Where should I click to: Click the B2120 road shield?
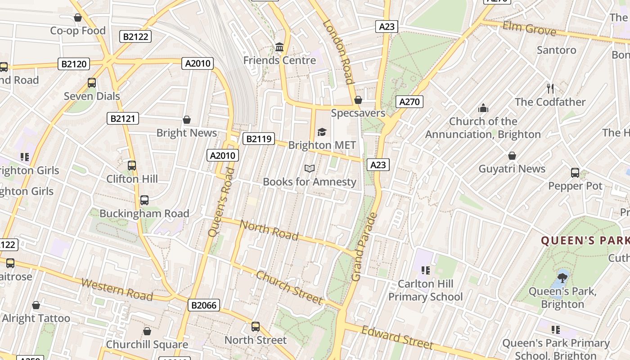(74, 64)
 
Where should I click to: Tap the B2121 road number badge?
(123, 118)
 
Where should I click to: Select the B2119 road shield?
(259, 139)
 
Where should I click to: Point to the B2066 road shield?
(204, 306)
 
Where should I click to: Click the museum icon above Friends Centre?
(279, 47)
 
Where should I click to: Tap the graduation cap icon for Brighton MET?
(322, 132)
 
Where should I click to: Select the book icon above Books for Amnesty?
(309, 169)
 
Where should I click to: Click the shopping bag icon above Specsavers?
(358, 100)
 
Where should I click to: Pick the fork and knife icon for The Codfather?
(550, 89)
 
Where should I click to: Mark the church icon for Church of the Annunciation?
(483, 108)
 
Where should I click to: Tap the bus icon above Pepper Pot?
(575, 173)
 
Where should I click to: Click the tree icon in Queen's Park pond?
(562, 277)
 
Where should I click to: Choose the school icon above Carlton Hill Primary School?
(425, 270)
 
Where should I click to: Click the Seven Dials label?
(92, 96)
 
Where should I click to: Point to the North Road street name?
(269, 229)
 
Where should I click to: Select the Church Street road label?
(289, 287)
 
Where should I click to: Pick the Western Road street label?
(117, 289)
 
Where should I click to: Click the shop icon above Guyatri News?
(512, 156)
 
